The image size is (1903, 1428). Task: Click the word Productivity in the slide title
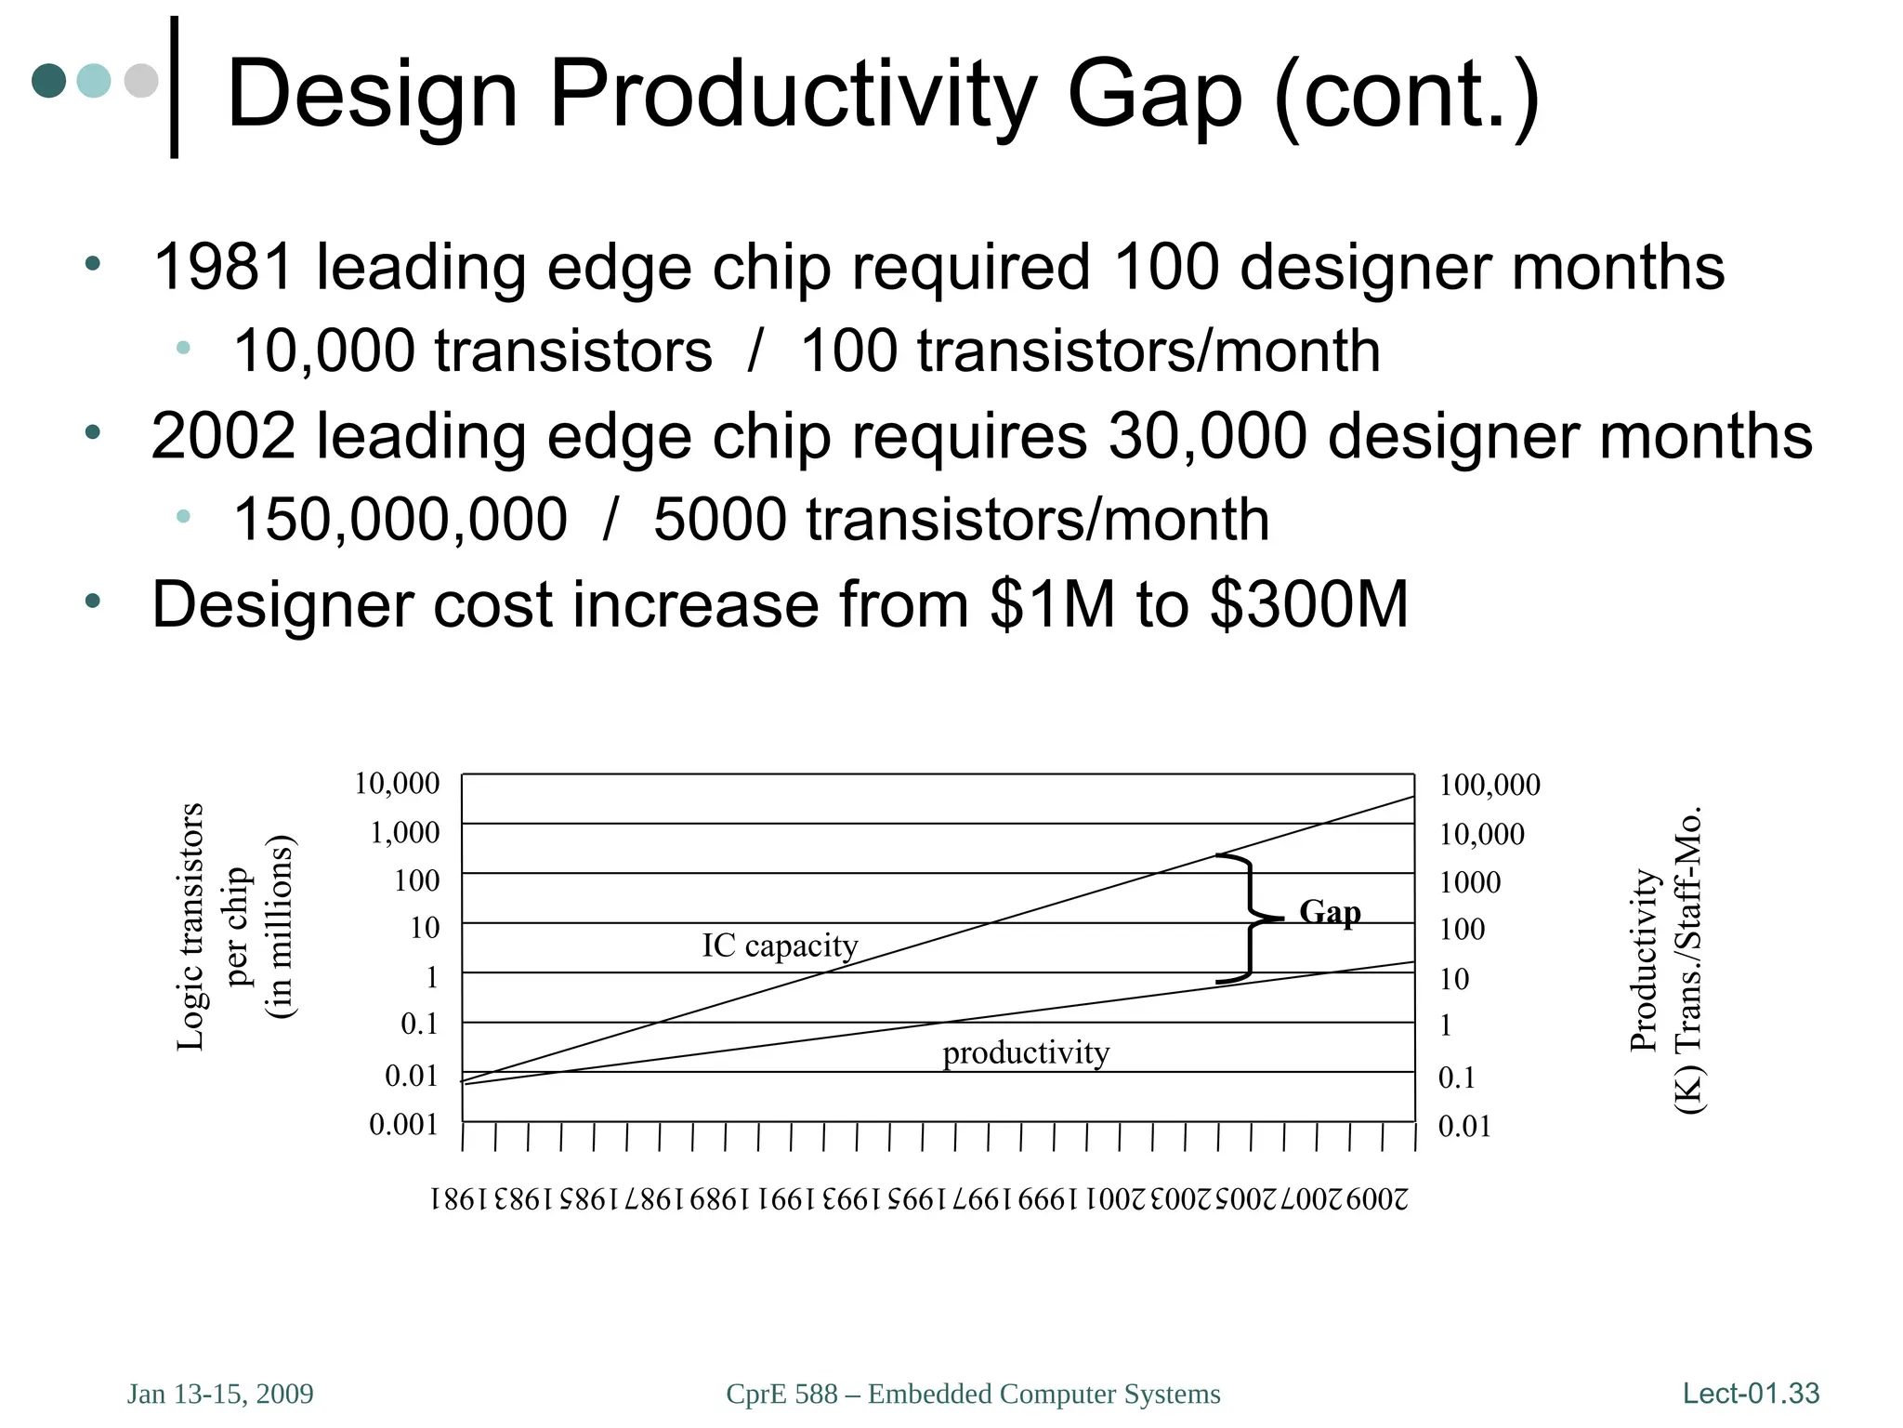point(792,95)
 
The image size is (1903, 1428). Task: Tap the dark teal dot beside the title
point(49,81)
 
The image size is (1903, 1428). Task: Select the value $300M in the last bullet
point(1309,604)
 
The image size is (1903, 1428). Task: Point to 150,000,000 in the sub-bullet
point(400,519)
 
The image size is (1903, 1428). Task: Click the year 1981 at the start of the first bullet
point(224,267)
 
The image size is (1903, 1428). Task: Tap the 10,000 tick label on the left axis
point(397,784)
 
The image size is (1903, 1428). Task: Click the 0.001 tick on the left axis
point(403,1125)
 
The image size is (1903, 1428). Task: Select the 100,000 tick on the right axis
point(1490,786)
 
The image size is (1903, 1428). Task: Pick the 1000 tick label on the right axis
point(1470,882)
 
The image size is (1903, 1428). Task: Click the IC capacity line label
point(780,945)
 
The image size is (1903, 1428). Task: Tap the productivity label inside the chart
point(1026,1052)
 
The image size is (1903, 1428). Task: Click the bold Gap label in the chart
point(1330,912)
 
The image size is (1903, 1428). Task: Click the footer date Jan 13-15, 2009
point(220,1394)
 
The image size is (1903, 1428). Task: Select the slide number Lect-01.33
point(1751,1393)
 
